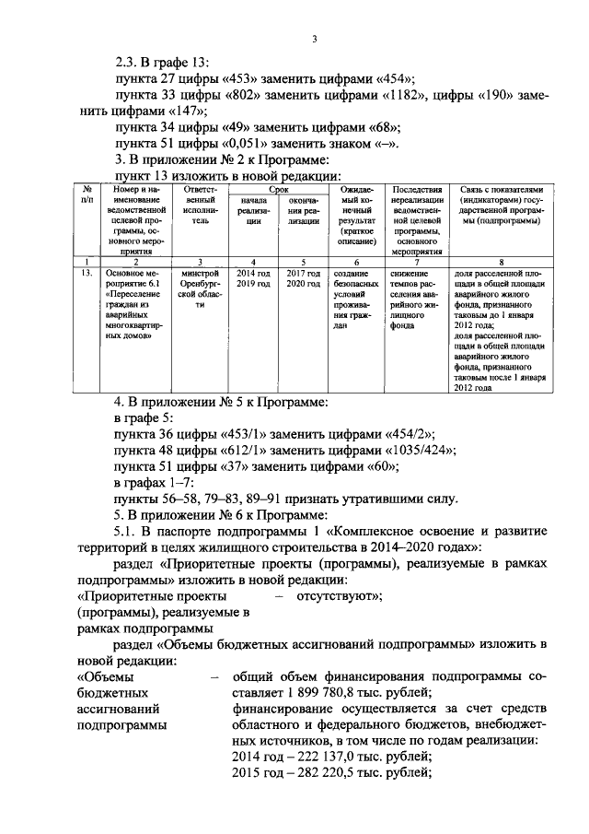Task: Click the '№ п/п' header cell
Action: pyautogui.click(x=87, y=193)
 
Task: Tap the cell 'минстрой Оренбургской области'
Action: pyautogui.click(x=201, y=290)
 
